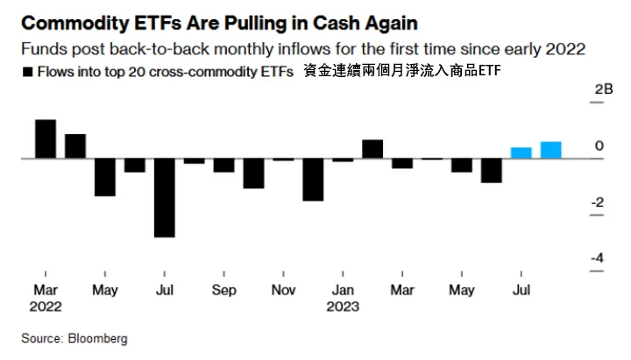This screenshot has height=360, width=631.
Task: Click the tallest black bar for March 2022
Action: coord(46,138)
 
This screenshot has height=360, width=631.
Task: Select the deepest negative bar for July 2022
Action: coord(164,197)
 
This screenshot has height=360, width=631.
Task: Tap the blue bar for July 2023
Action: coord(521,152)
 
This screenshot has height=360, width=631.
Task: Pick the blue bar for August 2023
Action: coord(551,150)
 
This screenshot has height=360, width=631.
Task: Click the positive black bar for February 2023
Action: coord(372,149)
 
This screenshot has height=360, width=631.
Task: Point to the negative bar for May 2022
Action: coord(105,177)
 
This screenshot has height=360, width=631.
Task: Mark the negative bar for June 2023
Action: coord(492,171)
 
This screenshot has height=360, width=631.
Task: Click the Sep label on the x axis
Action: coord(223,290)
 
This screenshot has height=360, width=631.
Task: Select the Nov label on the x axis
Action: coord(283,290)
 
